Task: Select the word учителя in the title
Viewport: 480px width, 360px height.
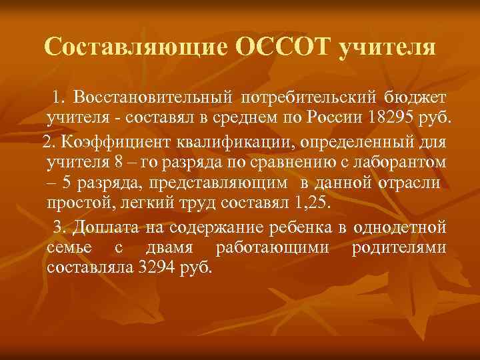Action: tap(387, 48)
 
